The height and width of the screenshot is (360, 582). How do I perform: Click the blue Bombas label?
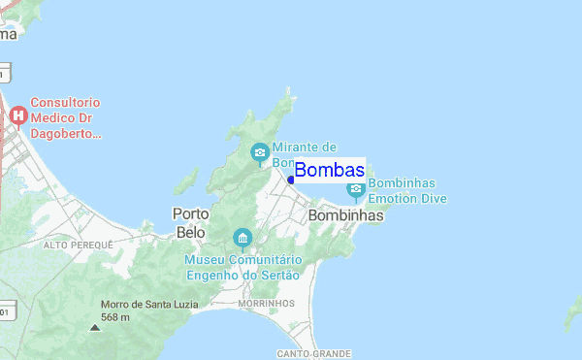tap(329, 171)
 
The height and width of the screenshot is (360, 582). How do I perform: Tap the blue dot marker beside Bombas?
tap(291, 180)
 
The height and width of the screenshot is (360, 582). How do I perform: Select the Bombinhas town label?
tap(345, 216)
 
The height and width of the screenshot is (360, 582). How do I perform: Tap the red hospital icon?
tap(17, 116)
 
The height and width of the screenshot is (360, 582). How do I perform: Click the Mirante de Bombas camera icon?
tap(260, 152)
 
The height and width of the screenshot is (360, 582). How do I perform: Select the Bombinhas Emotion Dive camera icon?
tap(356, 186)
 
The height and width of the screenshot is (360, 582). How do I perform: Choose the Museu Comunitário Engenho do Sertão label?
tap(243, 267)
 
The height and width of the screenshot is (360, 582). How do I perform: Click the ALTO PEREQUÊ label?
tap(79, 245)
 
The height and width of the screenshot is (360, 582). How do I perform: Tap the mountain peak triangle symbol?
tap(94, 327)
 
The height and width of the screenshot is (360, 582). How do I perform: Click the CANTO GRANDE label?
tap(313, 353)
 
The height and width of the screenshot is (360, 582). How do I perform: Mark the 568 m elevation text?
tap(115, 317)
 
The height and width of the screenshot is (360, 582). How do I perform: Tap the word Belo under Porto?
tap(191, 233)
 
